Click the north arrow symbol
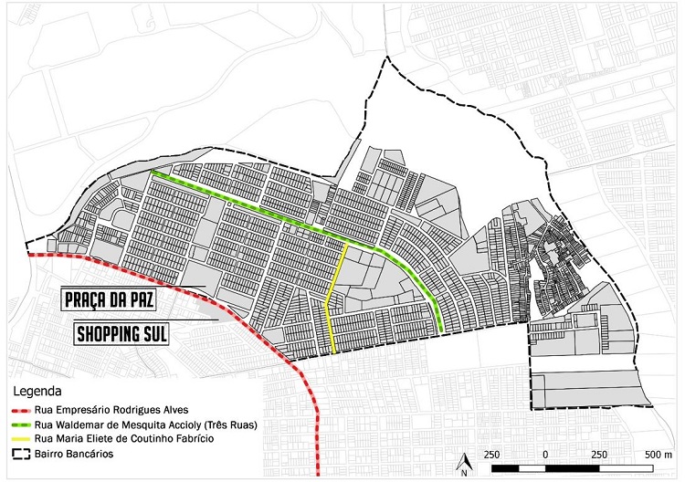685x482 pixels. [x=463, y=458]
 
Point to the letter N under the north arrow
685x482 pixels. [x=463, y=473]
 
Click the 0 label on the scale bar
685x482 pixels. [x=545, y=454]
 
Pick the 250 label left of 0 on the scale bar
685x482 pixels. [x=492, y=454]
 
